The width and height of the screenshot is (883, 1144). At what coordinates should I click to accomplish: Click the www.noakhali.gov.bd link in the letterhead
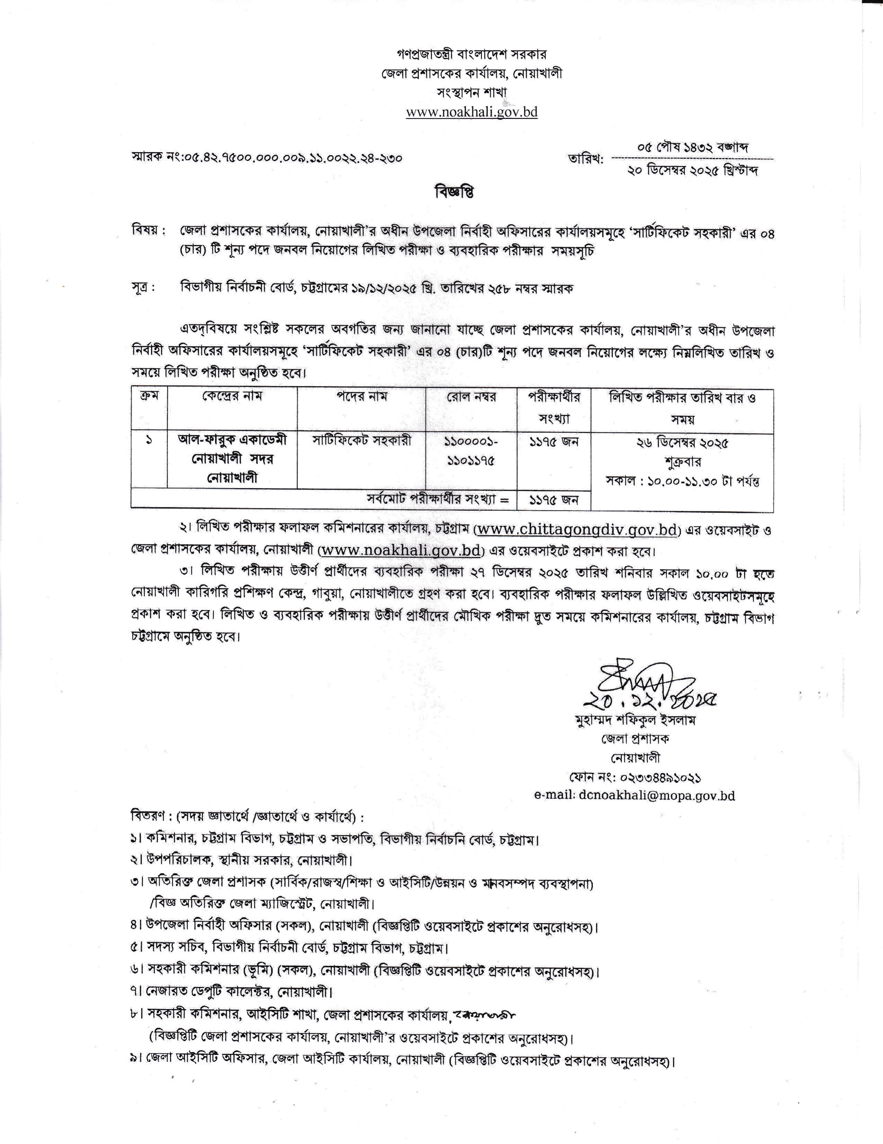pos(472,112)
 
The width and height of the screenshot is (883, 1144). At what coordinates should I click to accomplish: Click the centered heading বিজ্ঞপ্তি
pos(454,193)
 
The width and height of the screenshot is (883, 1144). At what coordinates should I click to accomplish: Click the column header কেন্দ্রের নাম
pos(232,396)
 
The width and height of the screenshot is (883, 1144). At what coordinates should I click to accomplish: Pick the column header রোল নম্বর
pos(472,396)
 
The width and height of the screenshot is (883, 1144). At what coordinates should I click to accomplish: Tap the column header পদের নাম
pos(362,396)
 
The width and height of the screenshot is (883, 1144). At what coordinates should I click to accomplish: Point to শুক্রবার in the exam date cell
pos(683,462)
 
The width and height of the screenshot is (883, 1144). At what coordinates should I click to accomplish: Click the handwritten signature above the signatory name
pos(644,683)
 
